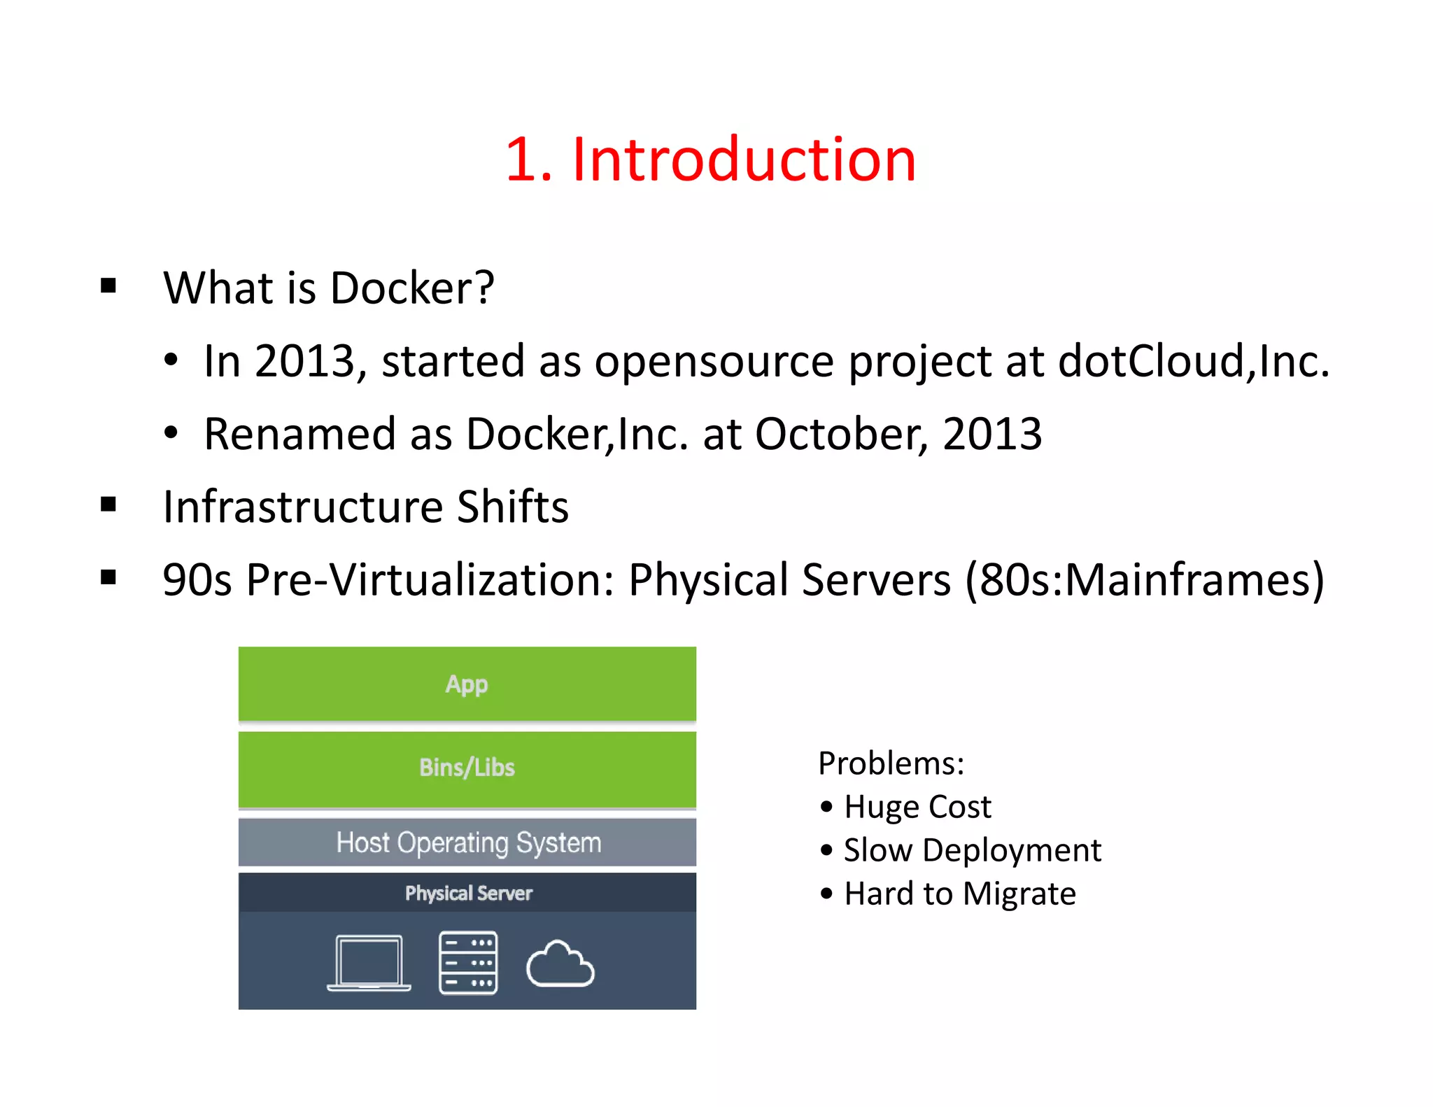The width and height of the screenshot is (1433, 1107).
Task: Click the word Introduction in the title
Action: [x=744, y=160]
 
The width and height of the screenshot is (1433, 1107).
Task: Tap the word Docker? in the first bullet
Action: [x=412, y=288]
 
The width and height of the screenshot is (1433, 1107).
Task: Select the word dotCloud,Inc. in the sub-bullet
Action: [x=1193, y=361]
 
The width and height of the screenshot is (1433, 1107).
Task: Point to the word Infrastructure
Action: [x=302, y=507]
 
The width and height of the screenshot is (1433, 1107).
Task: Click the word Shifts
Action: [x=512, y=507]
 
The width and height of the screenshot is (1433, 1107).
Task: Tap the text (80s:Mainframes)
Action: [x=1144, y=579]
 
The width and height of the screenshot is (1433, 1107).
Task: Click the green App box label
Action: [x=467, y=684]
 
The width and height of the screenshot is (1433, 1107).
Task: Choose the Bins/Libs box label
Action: [x=467, y=768]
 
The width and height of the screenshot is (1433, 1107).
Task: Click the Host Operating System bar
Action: [x=468, y=842]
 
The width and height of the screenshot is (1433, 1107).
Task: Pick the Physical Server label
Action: [x=468, y=893]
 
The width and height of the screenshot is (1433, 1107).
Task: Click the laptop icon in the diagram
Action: [x=369, y=963]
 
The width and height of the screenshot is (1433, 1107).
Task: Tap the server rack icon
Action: [x=468, y=963]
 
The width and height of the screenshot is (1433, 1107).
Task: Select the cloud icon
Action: [x=560, y=966]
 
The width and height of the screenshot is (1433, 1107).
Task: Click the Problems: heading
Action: [x=891, y=763]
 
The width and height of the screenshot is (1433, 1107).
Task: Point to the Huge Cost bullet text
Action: [x=917, y=807]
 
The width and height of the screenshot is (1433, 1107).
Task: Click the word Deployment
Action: [x=1012, y=850]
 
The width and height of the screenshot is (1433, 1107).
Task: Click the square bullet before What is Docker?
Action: [x=108, y=285]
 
